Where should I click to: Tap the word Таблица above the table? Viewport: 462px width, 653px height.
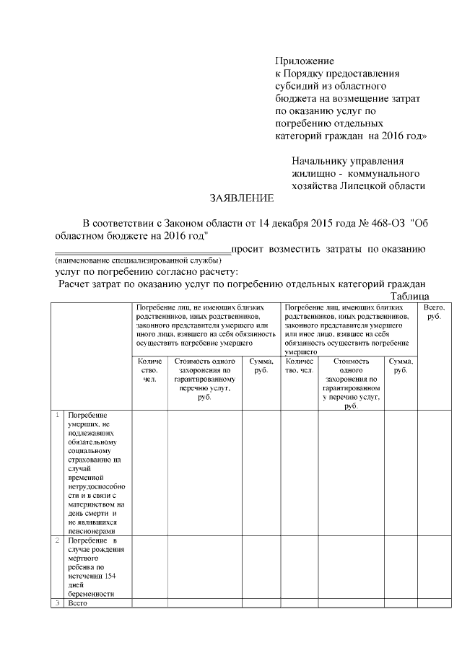click(410, 297)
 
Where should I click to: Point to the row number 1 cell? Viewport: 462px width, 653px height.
click(56, 415)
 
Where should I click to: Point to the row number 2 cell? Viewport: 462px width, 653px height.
click(56, 540)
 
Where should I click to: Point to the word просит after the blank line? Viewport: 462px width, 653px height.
click(248, 250)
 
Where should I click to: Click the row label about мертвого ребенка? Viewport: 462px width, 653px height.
click(95, 567)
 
